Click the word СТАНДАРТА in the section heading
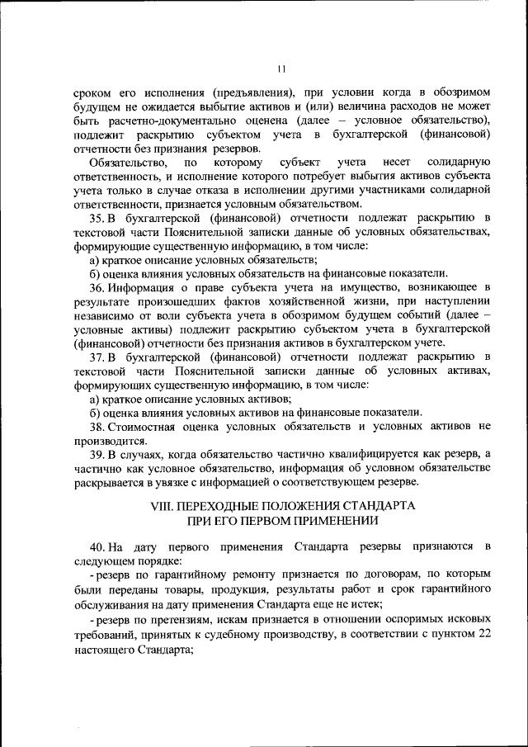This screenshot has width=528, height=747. (377, 505)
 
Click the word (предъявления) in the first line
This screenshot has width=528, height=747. (251, 92)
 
